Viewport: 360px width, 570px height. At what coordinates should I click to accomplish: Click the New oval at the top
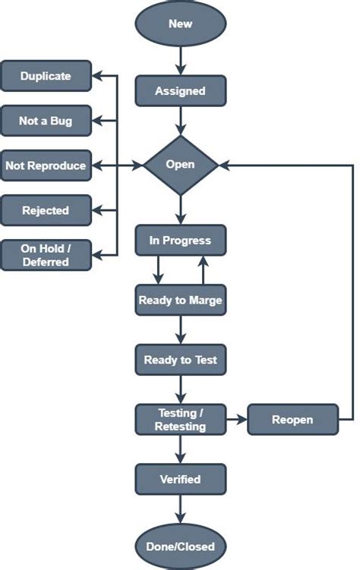click(x=181, y=24)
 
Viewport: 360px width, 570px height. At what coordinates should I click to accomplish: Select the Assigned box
click(x=180, y=91)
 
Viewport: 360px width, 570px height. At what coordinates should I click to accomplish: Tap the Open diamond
click(x=180, y=164)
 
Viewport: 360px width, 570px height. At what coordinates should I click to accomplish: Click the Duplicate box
click(x=46, y=76)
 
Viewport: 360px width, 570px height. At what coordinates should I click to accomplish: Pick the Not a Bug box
click(x=46, y=120)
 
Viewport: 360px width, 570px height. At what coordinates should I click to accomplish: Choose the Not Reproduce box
click(x=46, y=165)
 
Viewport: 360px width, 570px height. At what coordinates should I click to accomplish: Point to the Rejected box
click(x=46, y=210)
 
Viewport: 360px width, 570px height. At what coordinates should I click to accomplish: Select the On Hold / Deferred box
click(x=46, y=256)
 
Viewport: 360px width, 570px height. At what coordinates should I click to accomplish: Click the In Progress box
click(x=180, y=240)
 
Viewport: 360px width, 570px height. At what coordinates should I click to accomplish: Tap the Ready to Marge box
click(x=180, y=300)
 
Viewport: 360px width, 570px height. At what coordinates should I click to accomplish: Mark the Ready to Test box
click(x=180, y=360)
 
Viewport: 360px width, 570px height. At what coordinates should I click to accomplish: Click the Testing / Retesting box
click(x=180, y=420)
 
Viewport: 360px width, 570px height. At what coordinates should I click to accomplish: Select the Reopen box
click(x=292, y=419)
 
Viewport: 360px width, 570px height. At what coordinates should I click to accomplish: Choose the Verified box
click(x=180, y=479)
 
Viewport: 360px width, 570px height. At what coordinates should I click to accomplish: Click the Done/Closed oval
click(x=180, y=546)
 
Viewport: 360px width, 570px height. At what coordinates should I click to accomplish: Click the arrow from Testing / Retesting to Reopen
click(x=237, y=419)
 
